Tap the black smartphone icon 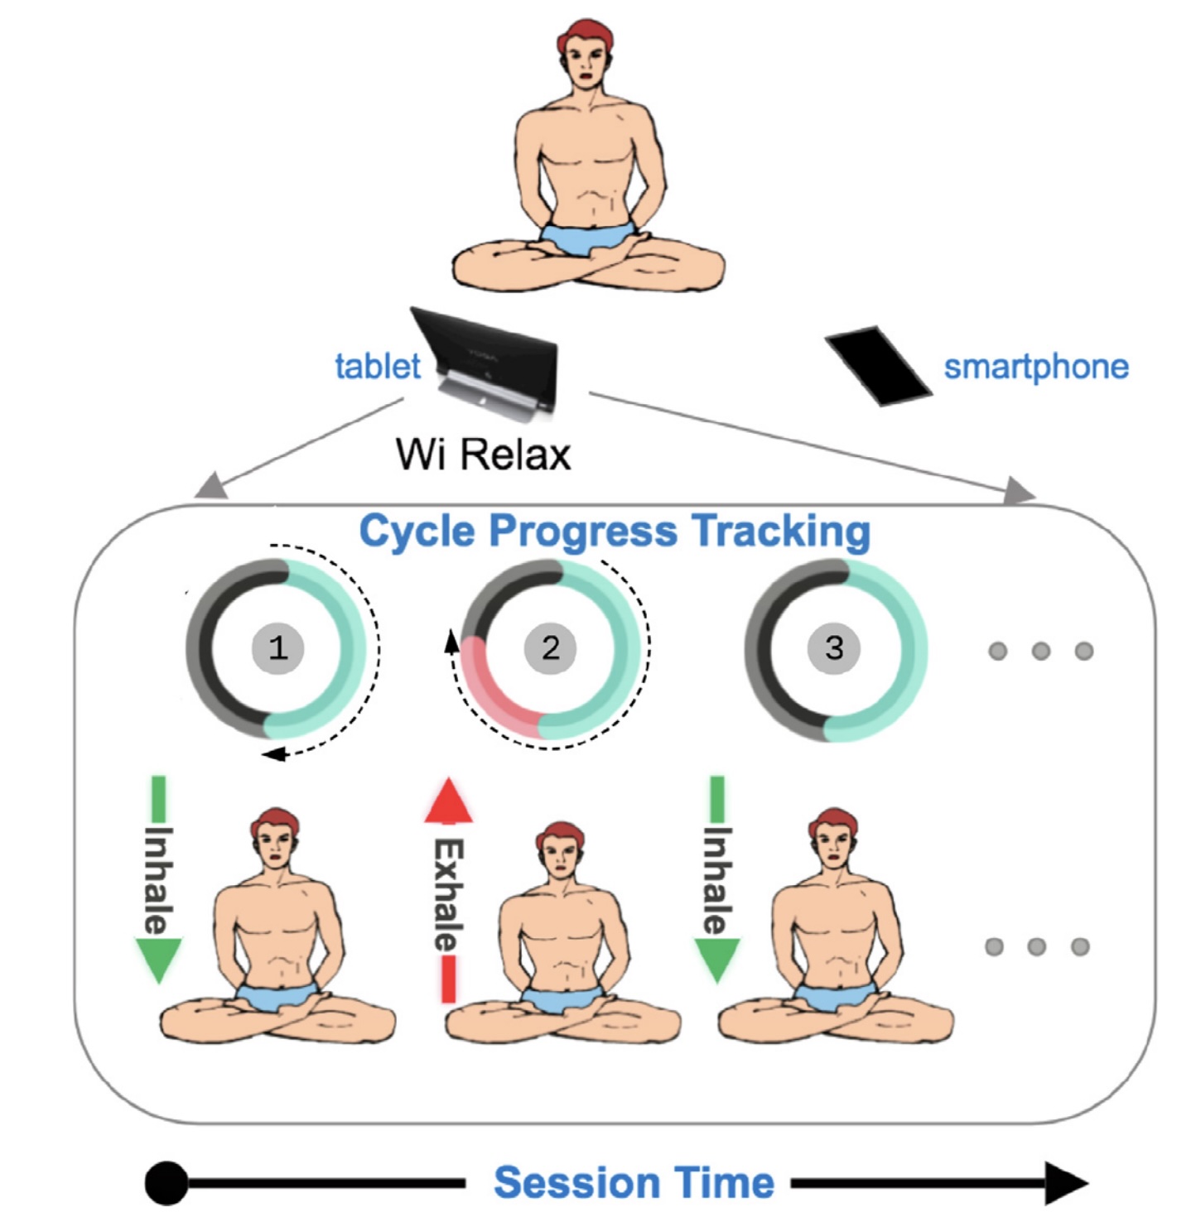[878, 365]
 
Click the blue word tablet [378, 366]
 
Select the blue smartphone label [1036, 366]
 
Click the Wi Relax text [484, 454]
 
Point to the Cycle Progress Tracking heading [615, 531]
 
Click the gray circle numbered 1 [277, 647]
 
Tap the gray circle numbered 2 [550, 647]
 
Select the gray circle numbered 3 [834, 647]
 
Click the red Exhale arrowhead [448, 801]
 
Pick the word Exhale [448, 894]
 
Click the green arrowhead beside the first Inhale [157, 959]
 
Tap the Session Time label [634, 1182]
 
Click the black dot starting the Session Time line [166, 1183]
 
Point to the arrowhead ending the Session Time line [1067, 1183]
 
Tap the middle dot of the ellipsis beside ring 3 [1041, 651]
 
